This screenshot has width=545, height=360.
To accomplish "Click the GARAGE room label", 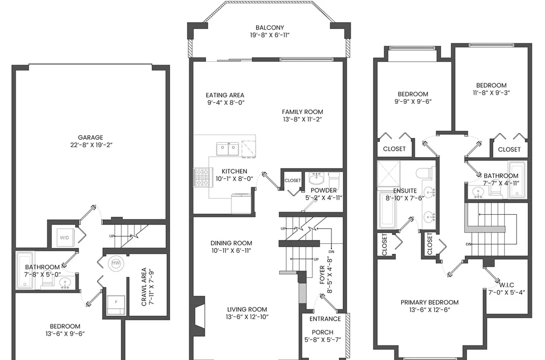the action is pos(90,137).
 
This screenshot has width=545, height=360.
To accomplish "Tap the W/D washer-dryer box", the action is pos(65,238).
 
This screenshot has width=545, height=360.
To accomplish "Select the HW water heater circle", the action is pos(116,263).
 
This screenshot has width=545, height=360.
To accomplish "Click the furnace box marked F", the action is pos(116,305).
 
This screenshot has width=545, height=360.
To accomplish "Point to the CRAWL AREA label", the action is pos(144,287).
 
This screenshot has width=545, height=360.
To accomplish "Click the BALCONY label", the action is pos(270,27).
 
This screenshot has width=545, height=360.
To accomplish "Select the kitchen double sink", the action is pos(228,149).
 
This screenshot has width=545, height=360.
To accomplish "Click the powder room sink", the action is pos(316,179).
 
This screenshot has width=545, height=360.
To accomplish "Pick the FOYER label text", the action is pos(322,275).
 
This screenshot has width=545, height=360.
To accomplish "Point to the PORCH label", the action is pos(323,332).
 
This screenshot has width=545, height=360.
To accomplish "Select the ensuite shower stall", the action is pos(389,173).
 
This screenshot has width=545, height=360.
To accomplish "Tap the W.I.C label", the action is pos(507,285).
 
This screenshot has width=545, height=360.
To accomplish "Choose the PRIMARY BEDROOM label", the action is pos(430,302).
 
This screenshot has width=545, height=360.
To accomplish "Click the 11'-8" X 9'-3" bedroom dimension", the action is pos(491,93).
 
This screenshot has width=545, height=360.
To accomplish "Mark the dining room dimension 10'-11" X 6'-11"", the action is pos(231,251).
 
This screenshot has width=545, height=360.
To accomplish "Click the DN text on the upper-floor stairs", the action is pos(469,244).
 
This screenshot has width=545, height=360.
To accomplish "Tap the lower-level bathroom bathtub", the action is pos(25,271).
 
